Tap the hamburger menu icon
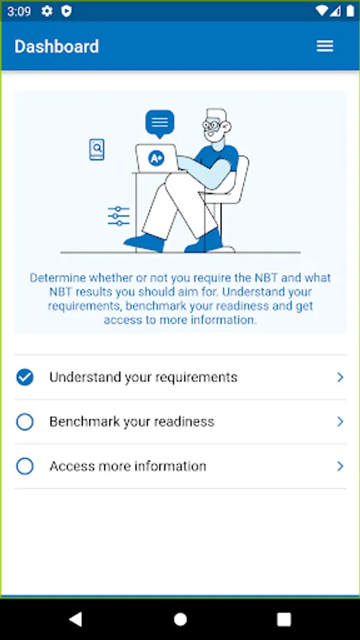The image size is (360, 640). pyautogui.click(x=325, y=46)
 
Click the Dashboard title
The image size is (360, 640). pyautogui.click(x=57, y=46)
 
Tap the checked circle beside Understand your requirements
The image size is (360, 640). pyautogui.click(x=25, y=377)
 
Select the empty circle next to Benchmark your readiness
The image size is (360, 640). pyautogui.click(x=25, y=422)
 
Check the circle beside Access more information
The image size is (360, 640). pyautogui.click(x=25, y=466)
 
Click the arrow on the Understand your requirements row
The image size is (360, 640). pyautogui.click(x=340, y=377)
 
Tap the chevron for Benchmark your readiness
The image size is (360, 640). pyautogui.click(x=340, y=422)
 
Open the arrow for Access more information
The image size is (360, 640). pyautogui.click(x=340, y=466)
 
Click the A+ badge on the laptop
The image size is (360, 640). pyautogui.click(x=157, y=159)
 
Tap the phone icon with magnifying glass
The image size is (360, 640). pyautogui.click(x=97, y=149)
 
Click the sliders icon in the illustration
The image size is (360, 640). pyautogui.click(x=119, y=216)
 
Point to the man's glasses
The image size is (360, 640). pyautogui.click(x=213, y=124)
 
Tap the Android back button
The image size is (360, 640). pyautogui.click(x=75, y=619)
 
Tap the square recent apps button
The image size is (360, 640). pyautogui.click(x=284, y=619)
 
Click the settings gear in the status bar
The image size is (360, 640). pyautogui.click(x=47, y=11)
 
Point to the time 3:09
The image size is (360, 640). pyautogui.click(x=18, y=11)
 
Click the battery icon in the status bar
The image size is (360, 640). pyautogui.click(x=350, y=11)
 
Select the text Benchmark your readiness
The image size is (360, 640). pyautogui.click(x=132, y=422)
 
